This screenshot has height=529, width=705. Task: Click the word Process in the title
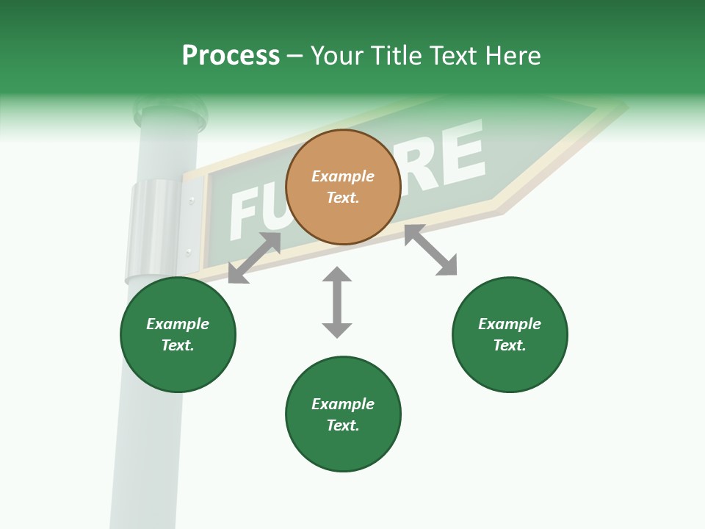(231, 56)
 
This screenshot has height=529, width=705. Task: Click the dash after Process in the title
(294, 57)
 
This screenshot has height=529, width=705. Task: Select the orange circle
(343, 187)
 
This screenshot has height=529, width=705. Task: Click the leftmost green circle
(178, 334)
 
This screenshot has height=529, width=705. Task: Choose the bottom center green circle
(343, 414)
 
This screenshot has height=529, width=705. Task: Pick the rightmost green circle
(510, 334)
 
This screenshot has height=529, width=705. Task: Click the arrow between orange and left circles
(254, 258)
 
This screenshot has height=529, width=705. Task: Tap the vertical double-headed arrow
(337, 302)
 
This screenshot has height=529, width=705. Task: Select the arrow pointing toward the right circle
(430, 250)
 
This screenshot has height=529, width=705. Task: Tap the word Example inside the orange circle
(343, 176)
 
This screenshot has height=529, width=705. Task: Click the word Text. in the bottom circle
(343, 425)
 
